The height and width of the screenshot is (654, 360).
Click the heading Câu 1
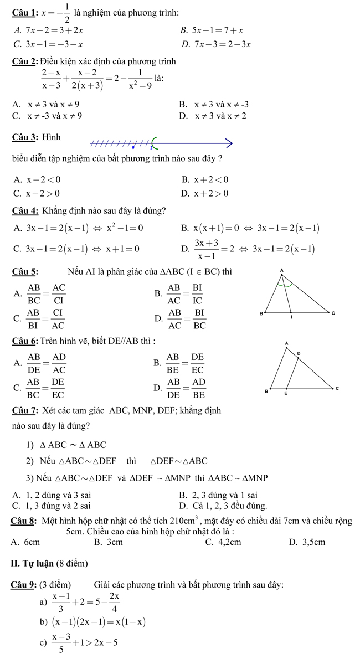coord(23,13)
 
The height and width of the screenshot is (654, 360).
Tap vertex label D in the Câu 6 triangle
coord(299,352)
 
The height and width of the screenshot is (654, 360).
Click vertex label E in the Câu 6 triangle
coord(286,394)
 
